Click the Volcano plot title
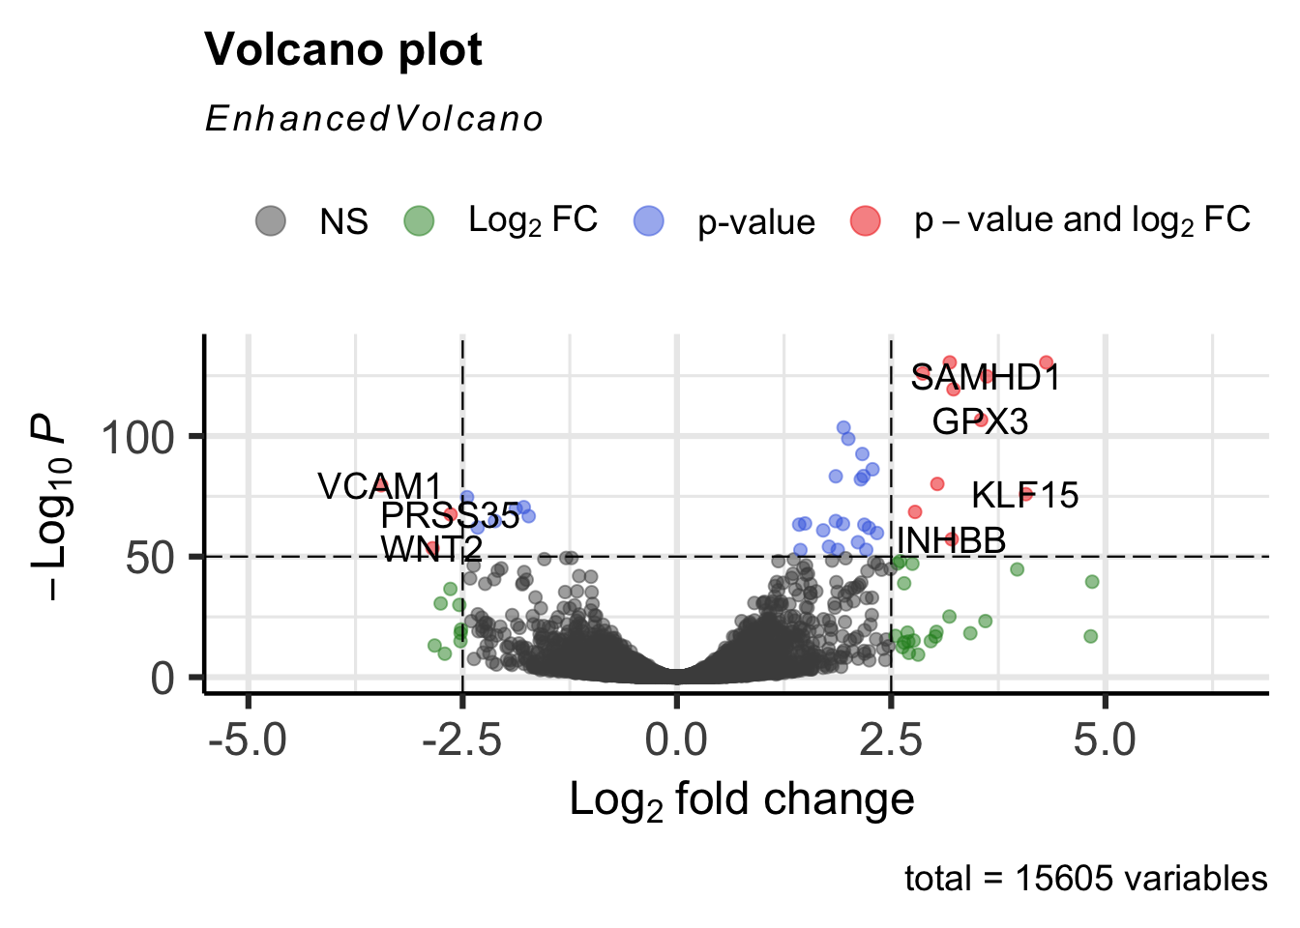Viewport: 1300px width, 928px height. (343, 50)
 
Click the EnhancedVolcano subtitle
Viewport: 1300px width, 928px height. (374, 119)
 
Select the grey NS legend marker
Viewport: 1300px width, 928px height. (271, 220)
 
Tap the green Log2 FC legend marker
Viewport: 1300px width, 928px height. (419, 220)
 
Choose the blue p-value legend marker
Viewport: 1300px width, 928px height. (648, 220)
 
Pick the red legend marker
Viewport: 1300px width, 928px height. (865, 220)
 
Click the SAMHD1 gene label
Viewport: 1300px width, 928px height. (985, 378)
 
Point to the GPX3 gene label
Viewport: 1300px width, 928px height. (980, 421)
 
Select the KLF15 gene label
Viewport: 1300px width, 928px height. (1024, 495)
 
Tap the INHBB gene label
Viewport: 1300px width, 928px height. (951, 540)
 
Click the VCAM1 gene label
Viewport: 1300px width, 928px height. (379, 486)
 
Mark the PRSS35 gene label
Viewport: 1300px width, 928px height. (450, 515)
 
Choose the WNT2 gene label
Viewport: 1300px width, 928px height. (431, 548)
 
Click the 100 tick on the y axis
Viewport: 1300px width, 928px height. (138, 438)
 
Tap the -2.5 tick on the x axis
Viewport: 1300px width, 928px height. (461, 741)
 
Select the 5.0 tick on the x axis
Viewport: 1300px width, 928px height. (1105, 741)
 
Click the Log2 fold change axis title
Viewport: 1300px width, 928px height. (741, 800)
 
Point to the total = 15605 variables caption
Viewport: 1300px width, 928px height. (1085, 879)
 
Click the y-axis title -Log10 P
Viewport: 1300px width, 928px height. (48, 507)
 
